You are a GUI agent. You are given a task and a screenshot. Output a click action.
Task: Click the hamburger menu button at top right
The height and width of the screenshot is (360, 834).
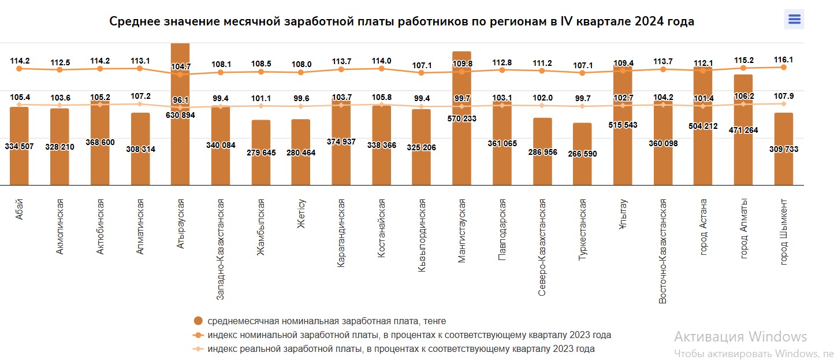tap(794, 20)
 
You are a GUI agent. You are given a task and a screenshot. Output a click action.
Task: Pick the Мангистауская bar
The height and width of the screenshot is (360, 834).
tap(461, 150)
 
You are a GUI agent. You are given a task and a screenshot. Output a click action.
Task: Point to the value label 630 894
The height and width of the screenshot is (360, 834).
tap(180, 116)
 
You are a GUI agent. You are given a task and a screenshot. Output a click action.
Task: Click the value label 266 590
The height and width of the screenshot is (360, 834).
tap(582, 154)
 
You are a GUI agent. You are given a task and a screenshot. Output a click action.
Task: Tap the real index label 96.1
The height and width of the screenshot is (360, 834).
tap(180, 99)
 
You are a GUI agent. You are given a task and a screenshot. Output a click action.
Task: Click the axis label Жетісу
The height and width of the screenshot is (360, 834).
tap(301, 213)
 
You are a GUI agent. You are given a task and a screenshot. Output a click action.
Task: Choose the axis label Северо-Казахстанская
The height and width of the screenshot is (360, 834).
tap(542, 247)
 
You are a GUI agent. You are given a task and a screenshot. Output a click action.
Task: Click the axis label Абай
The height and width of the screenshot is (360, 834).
tap(19, 209)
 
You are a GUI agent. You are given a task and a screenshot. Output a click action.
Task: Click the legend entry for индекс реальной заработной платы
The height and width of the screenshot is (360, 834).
tap(401, 349)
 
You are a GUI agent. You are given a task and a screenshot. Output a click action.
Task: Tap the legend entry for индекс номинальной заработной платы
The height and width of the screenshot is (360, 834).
tap(409, 335)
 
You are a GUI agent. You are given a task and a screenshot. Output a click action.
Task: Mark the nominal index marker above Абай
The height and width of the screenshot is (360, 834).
tap(19, 69)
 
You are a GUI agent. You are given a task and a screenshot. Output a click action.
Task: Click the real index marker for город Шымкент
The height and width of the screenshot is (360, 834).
tap(783, 104)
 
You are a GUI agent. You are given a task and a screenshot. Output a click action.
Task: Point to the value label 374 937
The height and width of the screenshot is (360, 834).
tap(341, 142)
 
